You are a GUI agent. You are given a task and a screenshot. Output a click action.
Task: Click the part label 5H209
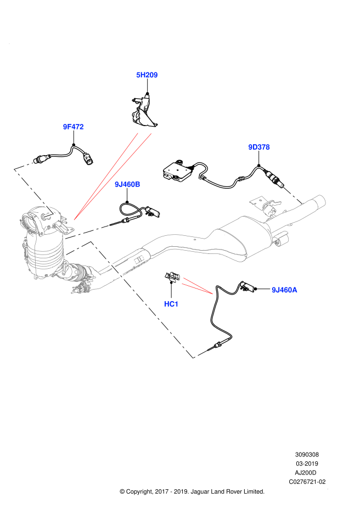tap(147, 75)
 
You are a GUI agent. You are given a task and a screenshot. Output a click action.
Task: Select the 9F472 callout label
tap(73, 127)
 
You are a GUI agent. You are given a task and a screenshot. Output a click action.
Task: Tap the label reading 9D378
tap(258, 147)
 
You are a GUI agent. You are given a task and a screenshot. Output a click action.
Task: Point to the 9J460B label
tap(127, 184)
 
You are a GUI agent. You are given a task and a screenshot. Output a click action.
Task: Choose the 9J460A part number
tap(284, 290)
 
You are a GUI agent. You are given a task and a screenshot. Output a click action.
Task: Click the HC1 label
tap(171, 304)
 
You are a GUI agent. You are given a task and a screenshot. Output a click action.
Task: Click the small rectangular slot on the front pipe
tap(139, 259)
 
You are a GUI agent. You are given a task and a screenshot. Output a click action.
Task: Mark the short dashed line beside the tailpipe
tap(292, 195)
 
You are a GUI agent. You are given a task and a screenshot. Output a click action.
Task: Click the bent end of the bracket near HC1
tap(200, 354)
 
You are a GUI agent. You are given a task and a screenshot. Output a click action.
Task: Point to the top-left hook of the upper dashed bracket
tap(24, 166)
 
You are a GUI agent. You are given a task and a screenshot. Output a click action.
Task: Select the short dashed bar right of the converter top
tap(87, 232)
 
